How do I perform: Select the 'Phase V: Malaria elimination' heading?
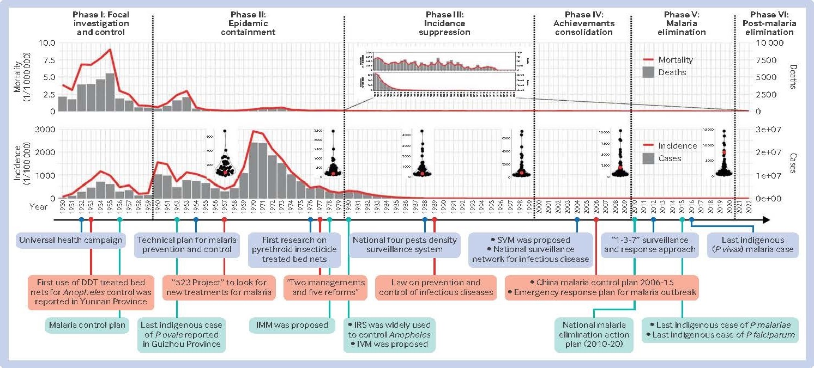click(x=685, y=23)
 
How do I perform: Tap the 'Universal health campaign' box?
click(x=70, y=241)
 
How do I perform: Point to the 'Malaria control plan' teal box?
click(x=87, y=325)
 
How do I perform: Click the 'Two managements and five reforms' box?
click(x=325, y=288)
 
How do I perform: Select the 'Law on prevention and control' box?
click(x=435, y=288)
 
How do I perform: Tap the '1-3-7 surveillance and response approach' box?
click(x=650, y=244)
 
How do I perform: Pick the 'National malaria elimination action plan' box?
click(x=594, y=334)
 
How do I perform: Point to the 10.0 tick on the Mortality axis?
click(x=47, y=43)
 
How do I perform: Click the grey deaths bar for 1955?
click(x=110, y=92)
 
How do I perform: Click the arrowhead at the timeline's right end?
click(x=766, y=220)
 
